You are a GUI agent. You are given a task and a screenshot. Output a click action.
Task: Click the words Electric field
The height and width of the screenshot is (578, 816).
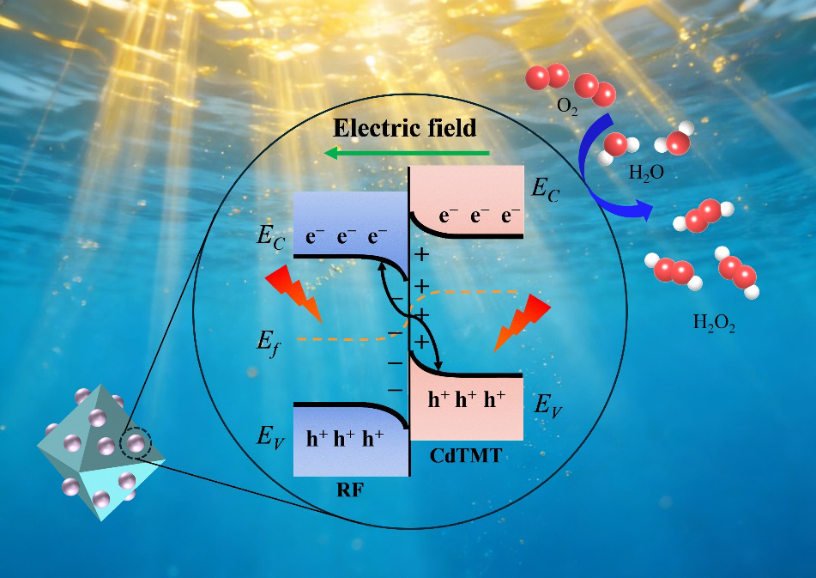pyautogui.click(x=404, y=129)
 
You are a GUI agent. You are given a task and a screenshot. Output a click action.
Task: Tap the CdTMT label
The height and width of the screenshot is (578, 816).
pyautogui.click(x=464, y=458)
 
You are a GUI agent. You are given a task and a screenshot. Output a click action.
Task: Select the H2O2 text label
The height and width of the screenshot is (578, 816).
pyautogui.click(x=713, y=325)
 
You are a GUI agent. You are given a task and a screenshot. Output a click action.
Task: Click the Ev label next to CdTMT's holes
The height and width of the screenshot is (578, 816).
pyautogui.click(x=548, y=404)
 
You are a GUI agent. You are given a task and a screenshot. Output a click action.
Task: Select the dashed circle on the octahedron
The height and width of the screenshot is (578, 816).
pyautogui.click(x=135, y=444)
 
